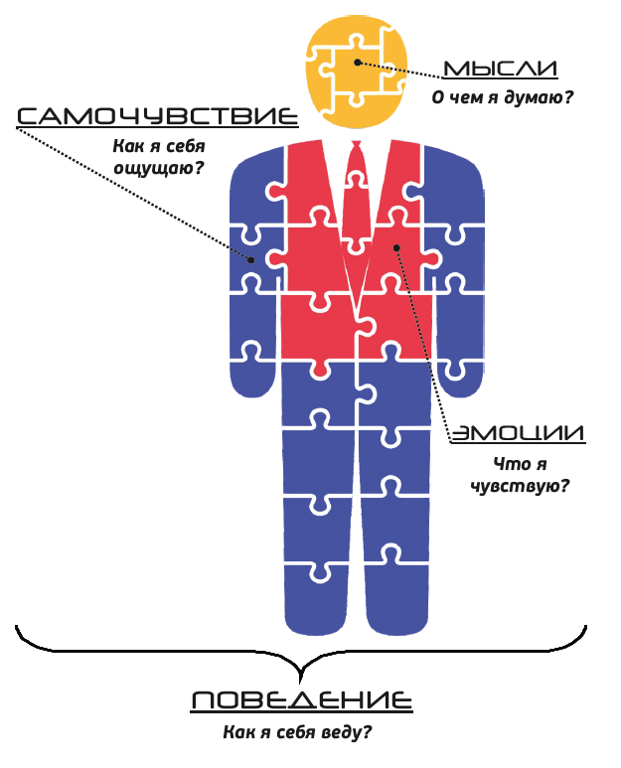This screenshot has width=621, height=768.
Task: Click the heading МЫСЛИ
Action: pyautogui.click(x=499, y=70)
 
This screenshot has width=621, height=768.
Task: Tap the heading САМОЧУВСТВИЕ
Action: pyautogui.click(x=157, y=117)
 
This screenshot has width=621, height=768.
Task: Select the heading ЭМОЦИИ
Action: pyautogui.click(x=518, y=434)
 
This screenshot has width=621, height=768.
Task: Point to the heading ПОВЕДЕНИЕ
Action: pyautogui.click(x=300, y=701)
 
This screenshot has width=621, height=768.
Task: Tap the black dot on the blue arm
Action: pyautogui.click(x=251, y=259)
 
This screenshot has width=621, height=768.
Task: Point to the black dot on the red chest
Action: pyautogui.click(x=394, y=247)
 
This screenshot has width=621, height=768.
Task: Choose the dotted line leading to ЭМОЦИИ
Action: pyautogui.click(x=425, y=343)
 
